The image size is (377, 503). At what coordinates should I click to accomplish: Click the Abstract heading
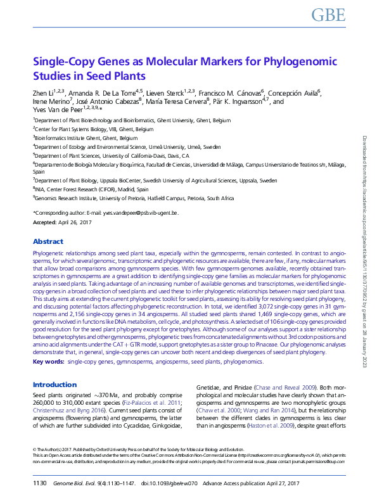point(48,241)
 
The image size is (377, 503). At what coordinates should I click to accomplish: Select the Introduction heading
point(54,385)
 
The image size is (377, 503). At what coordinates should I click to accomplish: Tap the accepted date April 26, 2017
point(73,223)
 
